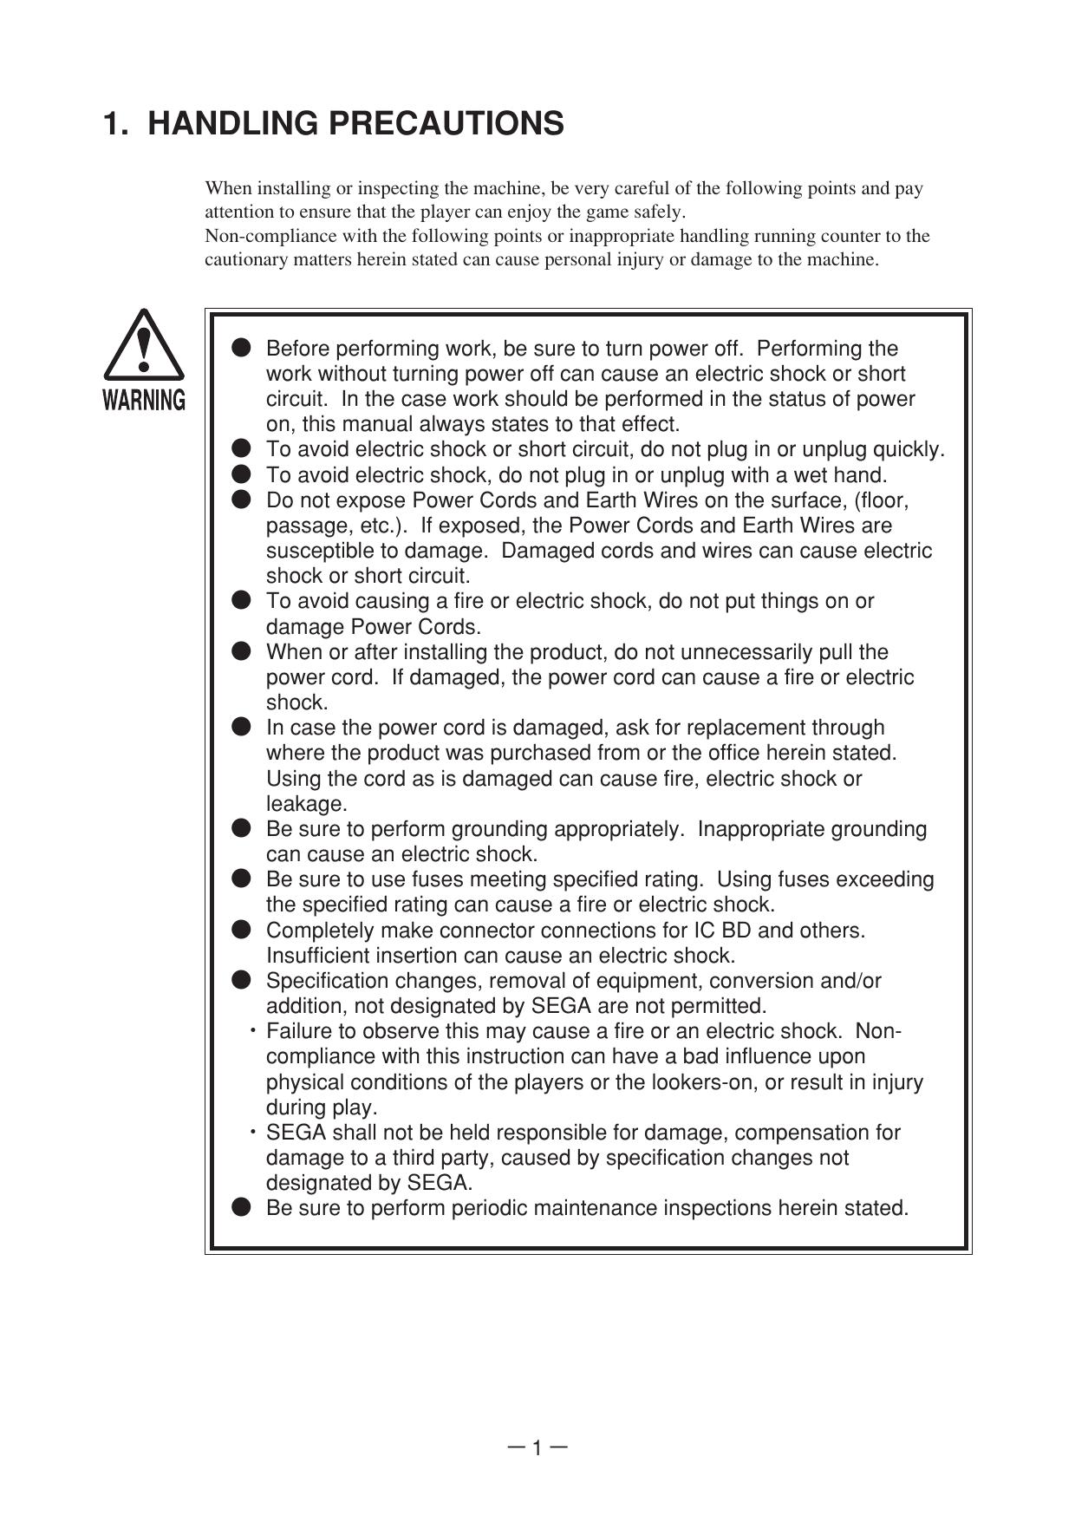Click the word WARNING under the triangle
point(144,400)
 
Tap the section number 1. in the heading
point(116,124)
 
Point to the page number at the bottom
point(537,1447)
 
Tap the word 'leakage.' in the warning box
point(306,804)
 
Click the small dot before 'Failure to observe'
point(253,1031)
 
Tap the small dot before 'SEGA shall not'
point(253,1133)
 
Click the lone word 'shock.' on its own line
point(296,702)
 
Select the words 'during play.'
point(322,1107)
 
